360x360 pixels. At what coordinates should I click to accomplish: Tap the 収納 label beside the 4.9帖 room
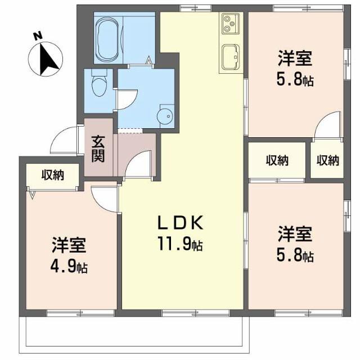tap(52, 175)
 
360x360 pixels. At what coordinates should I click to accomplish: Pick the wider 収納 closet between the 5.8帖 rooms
tap(277, 160)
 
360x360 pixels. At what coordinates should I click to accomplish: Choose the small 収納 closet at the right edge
tap(327, 160)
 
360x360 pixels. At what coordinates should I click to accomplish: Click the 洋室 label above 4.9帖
tap(69, 245)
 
